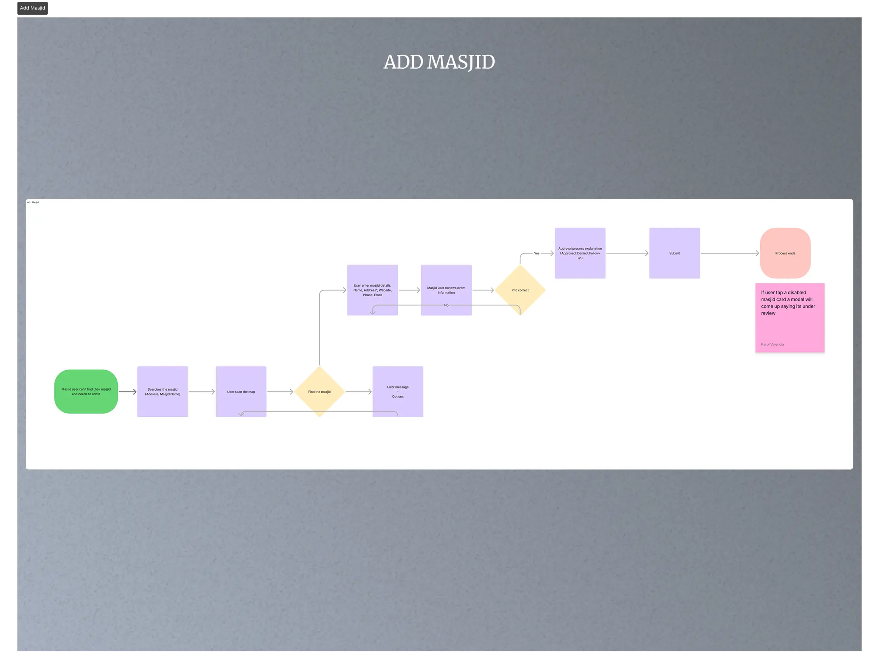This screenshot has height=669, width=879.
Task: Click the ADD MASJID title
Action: pos(439,62)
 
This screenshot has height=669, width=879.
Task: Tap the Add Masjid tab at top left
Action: pos(33,8)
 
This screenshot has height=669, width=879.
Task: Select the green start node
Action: pos(86,391)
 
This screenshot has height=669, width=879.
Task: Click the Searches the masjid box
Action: pos(163,391)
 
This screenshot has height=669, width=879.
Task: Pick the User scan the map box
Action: pos(241,391)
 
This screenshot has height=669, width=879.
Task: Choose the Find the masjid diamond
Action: pos(320,391)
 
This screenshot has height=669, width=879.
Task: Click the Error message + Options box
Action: pos(398,391)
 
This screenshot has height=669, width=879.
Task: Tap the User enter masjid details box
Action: pos(373,290)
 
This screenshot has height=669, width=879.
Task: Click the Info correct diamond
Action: pos(520,290)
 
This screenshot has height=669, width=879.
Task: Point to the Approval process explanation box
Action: pos(580,253)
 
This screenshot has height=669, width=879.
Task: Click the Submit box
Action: pos(675,253)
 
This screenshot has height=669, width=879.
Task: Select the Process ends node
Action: pos(785,253)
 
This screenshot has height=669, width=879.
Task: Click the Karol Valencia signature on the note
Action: pos(772,345)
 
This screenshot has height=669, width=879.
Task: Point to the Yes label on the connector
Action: pos(537,253)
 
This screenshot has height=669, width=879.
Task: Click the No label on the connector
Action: pos(446,305)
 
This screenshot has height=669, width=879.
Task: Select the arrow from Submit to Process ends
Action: pos(730,253)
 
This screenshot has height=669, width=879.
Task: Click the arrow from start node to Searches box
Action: pos(127,391)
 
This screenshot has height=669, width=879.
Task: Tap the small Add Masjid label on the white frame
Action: pos(33,202)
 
